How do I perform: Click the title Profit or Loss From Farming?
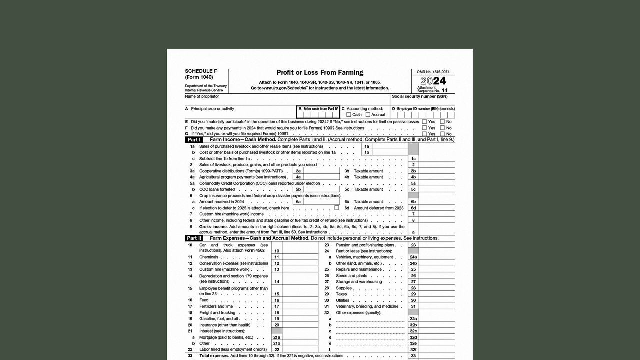[320, 73]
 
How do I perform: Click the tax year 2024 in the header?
[433, 81]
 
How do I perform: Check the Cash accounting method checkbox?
[349, 115]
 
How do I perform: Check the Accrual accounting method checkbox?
[368, 115]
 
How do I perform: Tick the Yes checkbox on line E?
[424, 121]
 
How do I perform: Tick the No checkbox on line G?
[442, 134]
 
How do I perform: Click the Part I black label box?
[194, 140]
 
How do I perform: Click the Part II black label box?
[194, 238]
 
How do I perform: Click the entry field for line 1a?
[390, 146]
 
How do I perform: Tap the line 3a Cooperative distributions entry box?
[321, 171]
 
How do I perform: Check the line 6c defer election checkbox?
[337, 208]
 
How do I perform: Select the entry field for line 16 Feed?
[300, 300]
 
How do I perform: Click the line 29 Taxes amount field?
[437, 294]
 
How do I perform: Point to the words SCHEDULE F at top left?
[201, 71]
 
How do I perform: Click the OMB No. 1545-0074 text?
[433, 72]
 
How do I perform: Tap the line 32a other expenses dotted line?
[370, 319]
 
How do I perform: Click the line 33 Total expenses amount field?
[437, 356]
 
